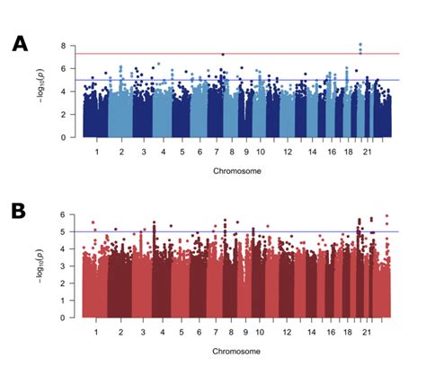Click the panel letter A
pyautogui.click(x=19, y=44)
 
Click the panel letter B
pyautogui.click(x=19, y=213)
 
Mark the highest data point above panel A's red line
pyautogui.click(x=360, y=44)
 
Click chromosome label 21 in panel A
pyautogui.click(x=366, y=152)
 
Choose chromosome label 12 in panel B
pyautogui.click(x=287, y=332)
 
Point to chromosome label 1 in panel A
pyautogui.click(x=96, y=152)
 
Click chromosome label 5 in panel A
pyautogui.click(x=183, y=152)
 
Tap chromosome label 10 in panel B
pyautogui.click(x=259, y=332)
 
